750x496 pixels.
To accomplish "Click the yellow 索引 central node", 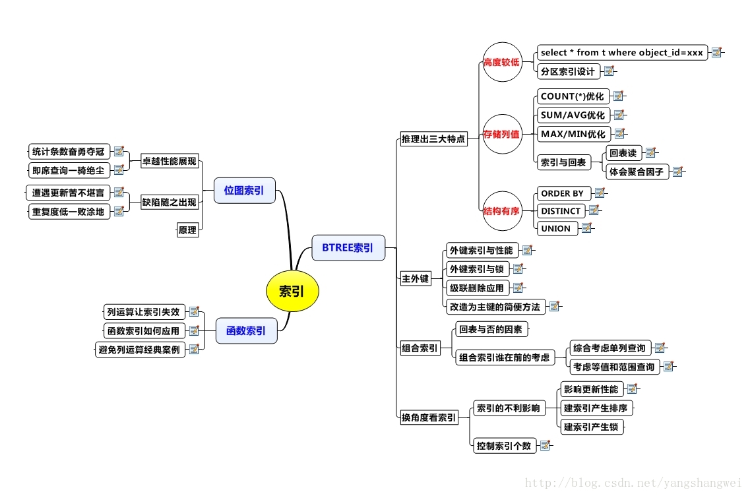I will tap(292, 291).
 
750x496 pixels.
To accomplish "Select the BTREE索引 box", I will tap(348, 248).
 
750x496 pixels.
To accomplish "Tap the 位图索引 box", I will tap(244, 191).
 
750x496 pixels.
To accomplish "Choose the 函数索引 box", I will tap(246, 330).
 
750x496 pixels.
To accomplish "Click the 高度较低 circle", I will tap(502, 63).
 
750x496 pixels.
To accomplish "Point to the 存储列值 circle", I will tap(502, 134).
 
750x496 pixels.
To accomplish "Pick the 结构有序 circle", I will tap(502, 211).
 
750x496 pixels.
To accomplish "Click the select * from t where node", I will tap(621, 52).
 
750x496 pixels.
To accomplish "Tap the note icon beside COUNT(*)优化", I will tap(618, 96).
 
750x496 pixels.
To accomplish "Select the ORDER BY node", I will tap(562, 193).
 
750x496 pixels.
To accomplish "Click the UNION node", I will tap(556, 228).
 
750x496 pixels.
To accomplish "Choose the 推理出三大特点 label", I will tap(433, 139).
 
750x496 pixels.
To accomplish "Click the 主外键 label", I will tap(416, 278).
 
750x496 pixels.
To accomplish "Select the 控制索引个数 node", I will tap(504, 446).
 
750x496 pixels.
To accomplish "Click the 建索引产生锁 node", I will tap(591, 427).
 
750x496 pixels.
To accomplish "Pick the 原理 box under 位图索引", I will tap(188, 230).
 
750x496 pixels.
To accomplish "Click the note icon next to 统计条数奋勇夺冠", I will tap(119, 152).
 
